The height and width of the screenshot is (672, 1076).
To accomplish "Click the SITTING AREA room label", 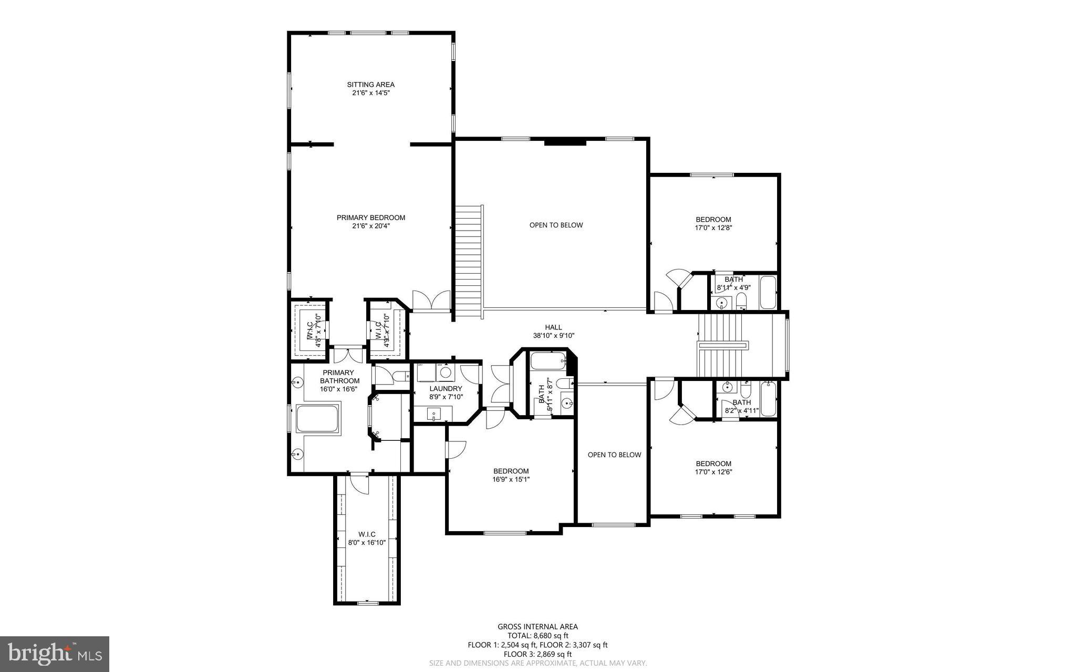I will pyautogui.click(x=370, y=85).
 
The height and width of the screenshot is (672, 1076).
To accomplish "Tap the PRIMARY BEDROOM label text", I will pyautogui.click(x=370, y=218).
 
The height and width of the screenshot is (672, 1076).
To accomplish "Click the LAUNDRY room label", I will pyautogui.click(x=446, y=389).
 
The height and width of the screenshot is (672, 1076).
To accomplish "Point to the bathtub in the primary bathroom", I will pyautogui.click(x=317, y=419).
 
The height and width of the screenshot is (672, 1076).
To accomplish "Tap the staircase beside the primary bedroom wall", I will pyautogui.click(x=468, y=261).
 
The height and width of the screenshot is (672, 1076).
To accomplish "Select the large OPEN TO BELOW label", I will pyautogui.click(x=556, y=225).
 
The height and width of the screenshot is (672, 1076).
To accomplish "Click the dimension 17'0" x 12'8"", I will pyautogui.click(x=713, y=228).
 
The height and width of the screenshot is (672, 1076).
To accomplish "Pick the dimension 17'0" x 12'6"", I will pyautogui.click(x=713, y=472).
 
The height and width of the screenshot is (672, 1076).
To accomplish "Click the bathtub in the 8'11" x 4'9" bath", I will pyautogui.click(x=768, y=293).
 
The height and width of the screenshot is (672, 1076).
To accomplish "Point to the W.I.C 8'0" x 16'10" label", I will pyautogui.click(x=367, y=539).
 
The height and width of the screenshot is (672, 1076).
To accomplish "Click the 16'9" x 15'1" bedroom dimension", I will pyautogui.click(x=511, y=479).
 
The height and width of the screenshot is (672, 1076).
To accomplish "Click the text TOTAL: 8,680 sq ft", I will pyautogui.click(x=537, y=635).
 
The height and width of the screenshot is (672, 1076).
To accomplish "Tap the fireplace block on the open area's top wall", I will pyautogui.click(x=565, y=142).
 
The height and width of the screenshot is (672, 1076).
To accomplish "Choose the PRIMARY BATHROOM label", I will pyautogui.click(x=339, y=377).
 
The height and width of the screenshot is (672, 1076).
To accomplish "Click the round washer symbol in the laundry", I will pyautogui.click(x=446, y=373).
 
